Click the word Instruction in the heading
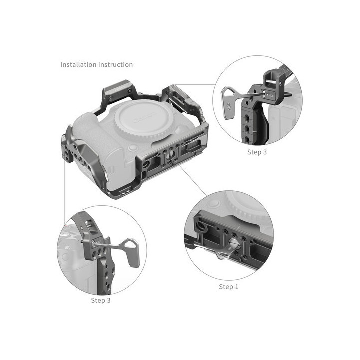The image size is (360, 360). (x=116, y=65)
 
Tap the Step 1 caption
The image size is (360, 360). (x=229, y=287)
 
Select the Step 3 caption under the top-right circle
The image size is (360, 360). (x=257, y=152)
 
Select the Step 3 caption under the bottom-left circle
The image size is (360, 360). (x=101, y=300)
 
